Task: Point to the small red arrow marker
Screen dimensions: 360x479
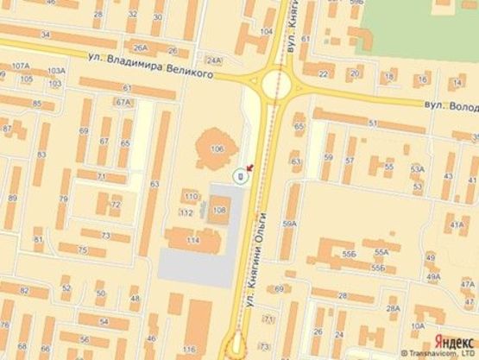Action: (250, 167)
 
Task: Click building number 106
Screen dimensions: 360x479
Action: (216, 149)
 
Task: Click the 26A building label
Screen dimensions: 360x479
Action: (141, 48)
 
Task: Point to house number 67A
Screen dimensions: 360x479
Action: (123, 102)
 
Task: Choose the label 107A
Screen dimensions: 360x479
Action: (20, 66)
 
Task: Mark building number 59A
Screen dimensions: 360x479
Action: (290, 224)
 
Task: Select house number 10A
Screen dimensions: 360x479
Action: (418, 325)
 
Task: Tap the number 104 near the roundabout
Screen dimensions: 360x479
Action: (267, 32)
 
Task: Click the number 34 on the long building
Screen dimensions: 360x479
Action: (44, 35)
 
